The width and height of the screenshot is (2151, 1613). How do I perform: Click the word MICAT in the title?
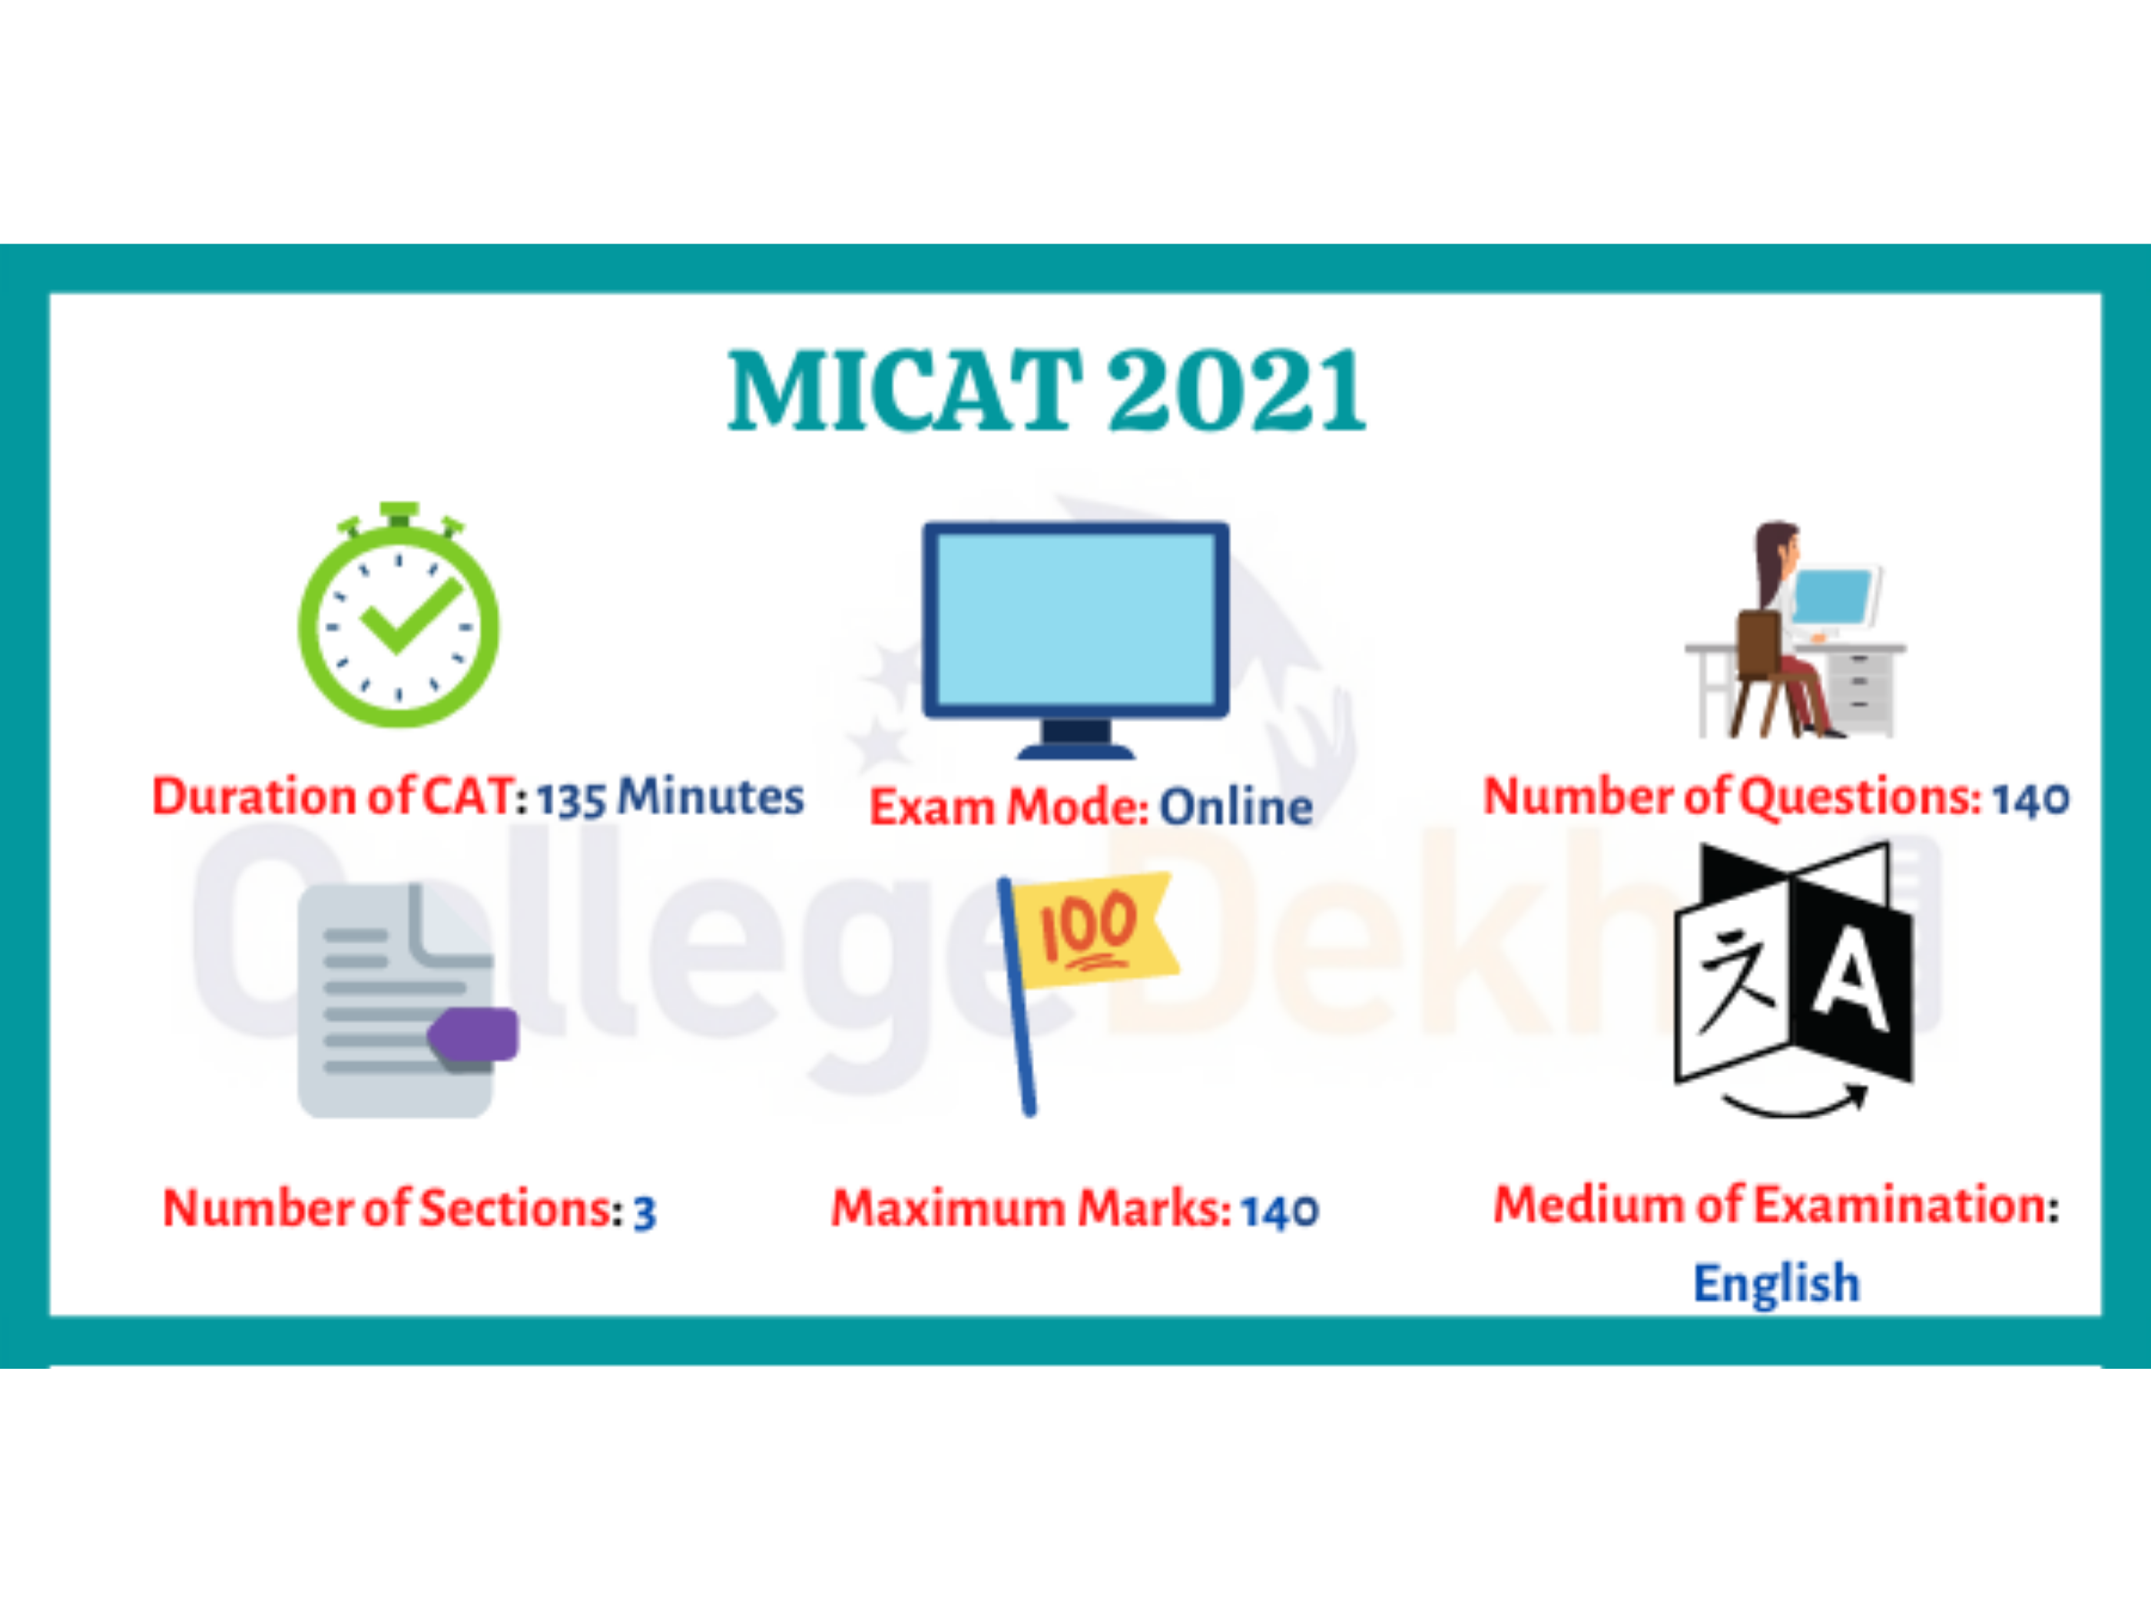(x=904, y=390)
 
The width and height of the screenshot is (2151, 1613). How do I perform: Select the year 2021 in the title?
(x=1237, y=390)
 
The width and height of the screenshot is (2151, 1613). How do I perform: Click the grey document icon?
(x=396, y=1001)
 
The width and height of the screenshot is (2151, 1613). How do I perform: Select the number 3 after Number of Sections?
(x=645, y=1212)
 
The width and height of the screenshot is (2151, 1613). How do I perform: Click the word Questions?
(x=1858, y=797)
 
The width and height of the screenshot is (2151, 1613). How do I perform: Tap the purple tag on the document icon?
(x=476, y=1034)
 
